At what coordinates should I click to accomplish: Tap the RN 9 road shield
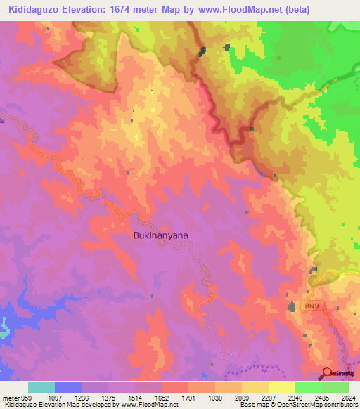click(x=312, y=306)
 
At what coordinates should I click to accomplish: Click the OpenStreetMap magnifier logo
click(x=327, y=372)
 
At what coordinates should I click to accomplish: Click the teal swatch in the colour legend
click(x=41, y=387)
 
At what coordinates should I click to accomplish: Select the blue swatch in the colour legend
click(x=68, y=387)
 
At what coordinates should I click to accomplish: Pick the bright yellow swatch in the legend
click(x=281, y=387)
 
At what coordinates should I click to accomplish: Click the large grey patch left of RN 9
click(x=292, y=306)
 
